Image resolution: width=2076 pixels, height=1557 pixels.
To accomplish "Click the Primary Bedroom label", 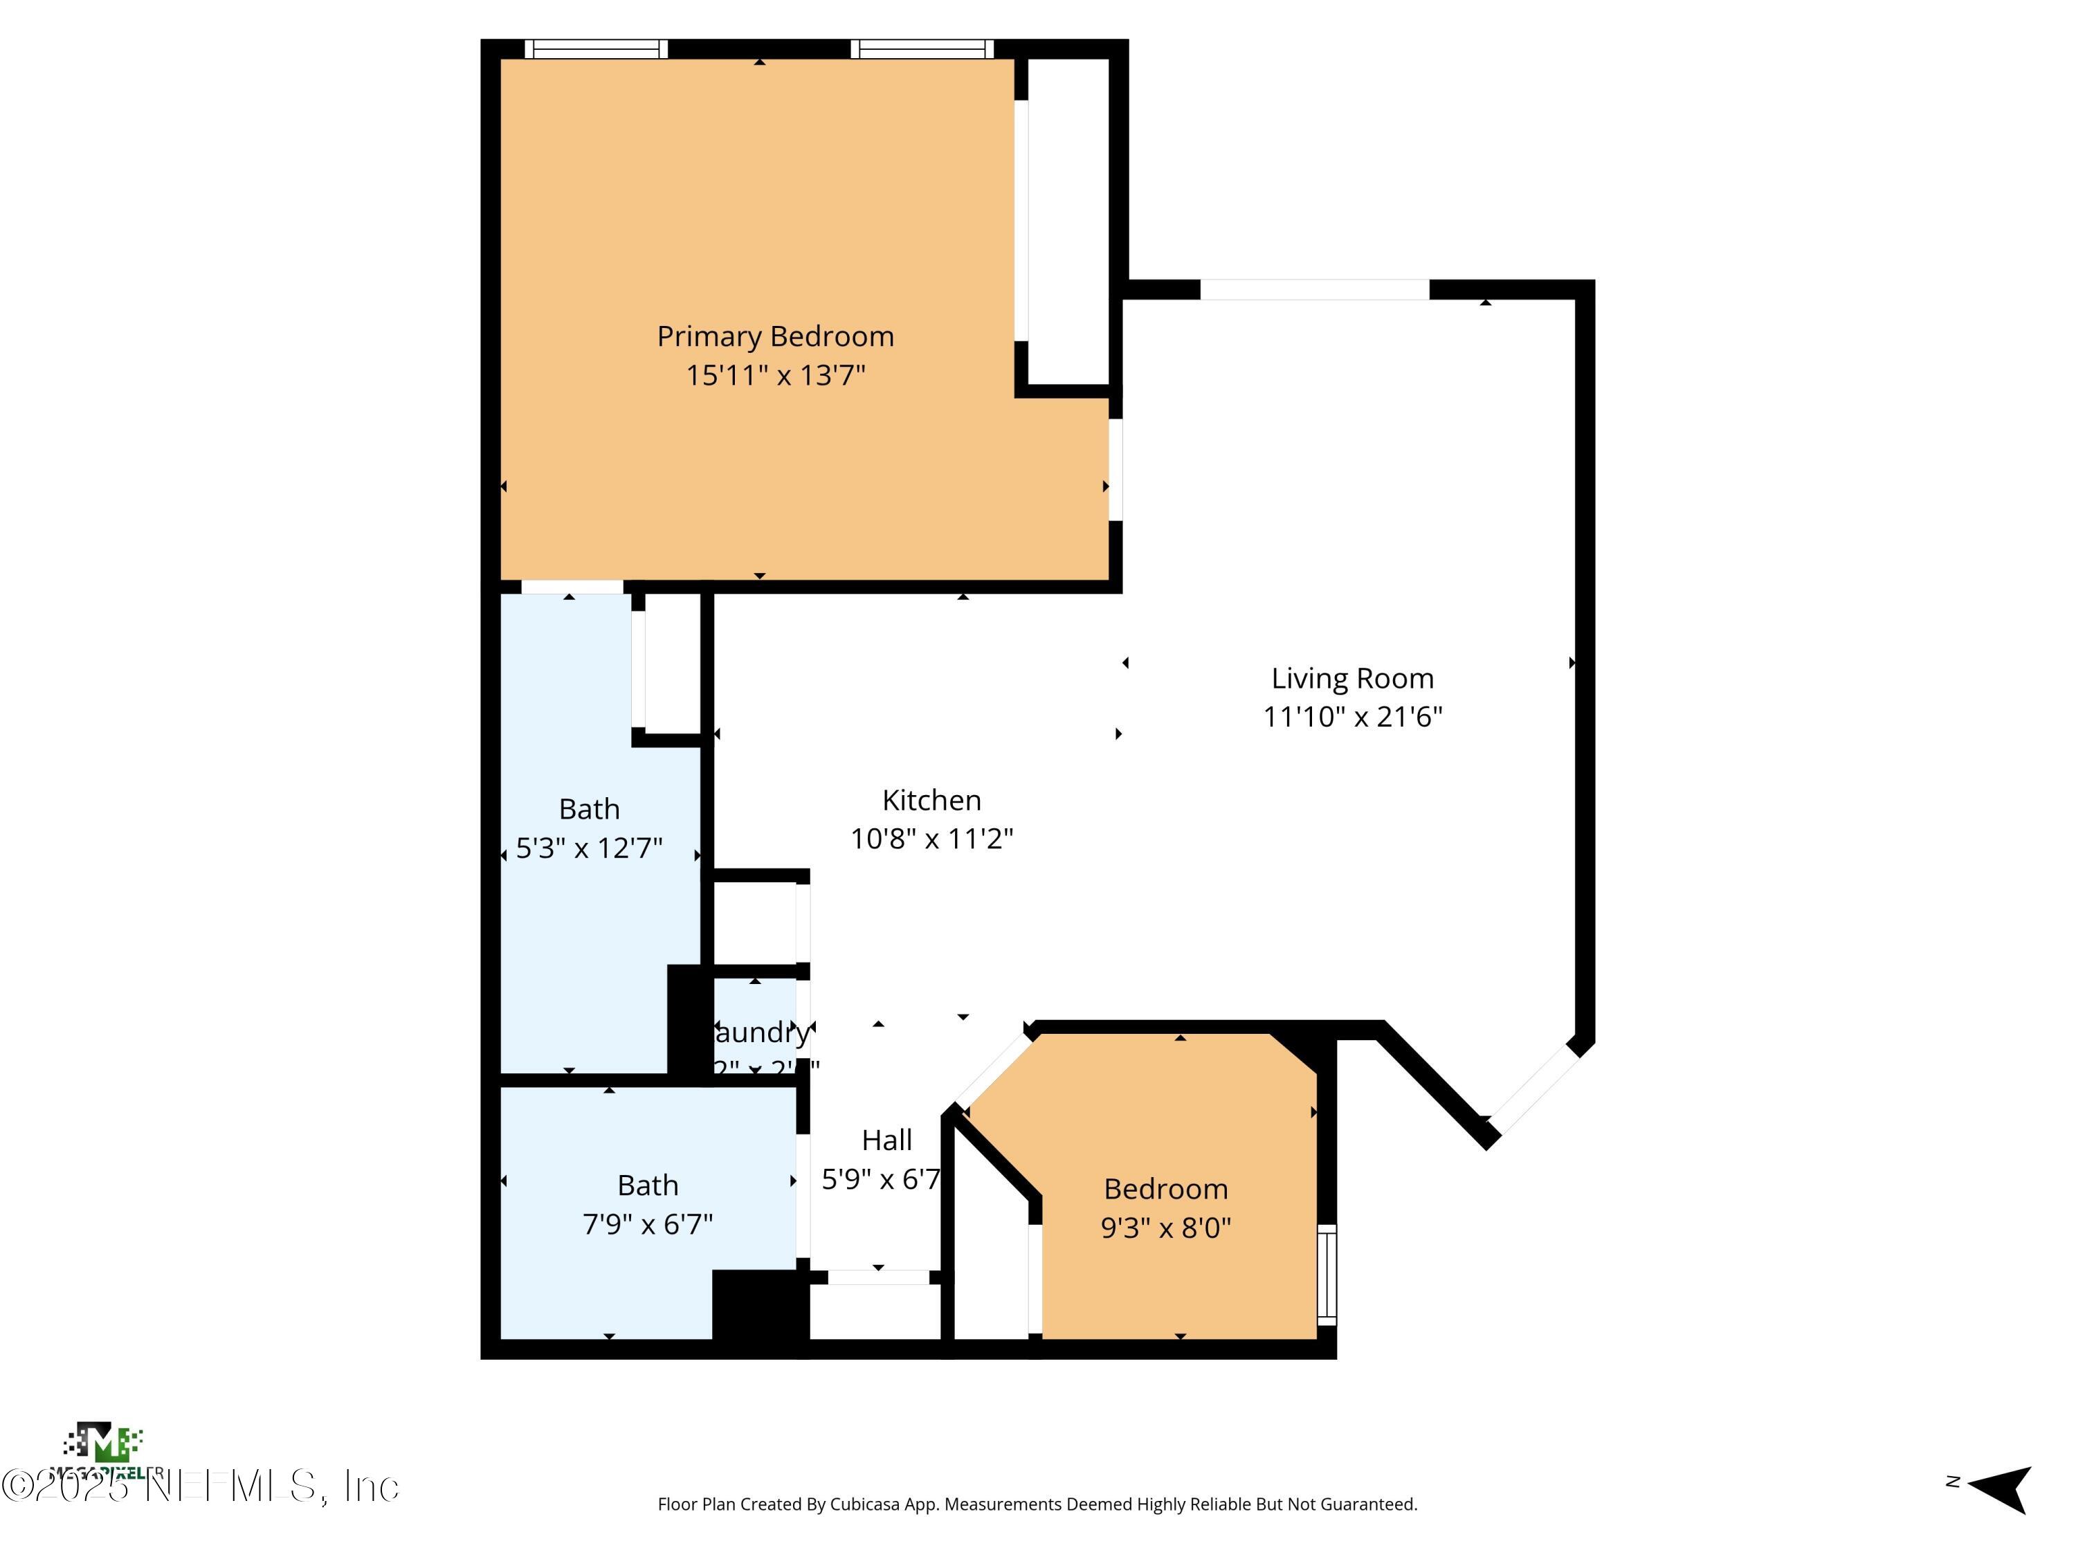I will (x=775, y=336).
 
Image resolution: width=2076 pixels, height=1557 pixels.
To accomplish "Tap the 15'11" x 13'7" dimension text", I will (x=775, y=375).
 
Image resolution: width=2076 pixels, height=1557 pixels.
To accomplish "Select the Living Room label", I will (x=1351, y=677).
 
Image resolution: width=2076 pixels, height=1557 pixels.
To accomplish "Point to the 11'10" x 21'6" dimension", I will (x=1351, y=717).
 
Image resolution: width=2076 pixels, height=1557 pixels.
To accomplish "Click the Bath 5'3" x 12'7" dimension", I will (x=590, y=848).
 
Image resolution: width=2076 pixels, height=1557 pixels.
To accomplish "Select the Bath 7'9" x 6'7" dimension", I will (x=648, y=1224).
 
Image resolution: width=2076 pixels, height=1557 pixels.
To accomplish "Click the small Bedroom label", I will (x=1165, y=1188).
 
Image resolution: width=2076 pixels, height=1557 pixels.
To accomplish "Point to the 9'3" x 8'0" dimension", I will (x=1165, y=1228).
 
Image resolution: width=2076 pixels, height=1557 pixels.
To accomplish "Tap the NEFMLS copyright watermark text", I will (x=202, y=1486).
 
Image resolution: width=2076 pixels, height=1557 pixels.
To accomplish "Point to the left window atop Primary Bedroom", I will (x=595, y=49).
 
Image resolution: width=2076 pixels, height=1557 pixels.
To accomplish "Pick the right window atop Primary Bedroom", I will (x=922, y=49).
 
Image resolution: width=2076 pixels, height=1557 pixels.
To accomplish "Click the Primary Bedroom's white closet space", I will (x=1068, y=221).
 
